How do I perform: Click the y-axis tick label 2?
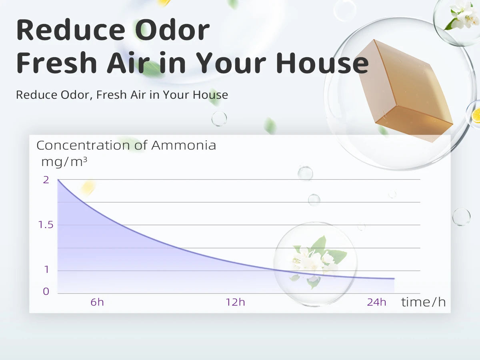pyautogui.click(x=46, y=180)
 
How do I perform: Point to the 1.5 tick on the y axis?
pyautogui.click(x=46, y=225)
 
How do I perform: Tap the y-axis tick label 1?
pyautogui.click(x=46, y=270)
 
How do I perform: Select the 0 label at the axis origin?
pyautogui.click(x=46, y=292)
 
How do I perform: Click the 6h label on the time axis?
pyautogui.click(x=97, y=302)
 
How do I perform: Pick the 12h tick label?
pyautogui.click(x=235, y=302)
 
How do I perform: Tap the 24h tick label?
pyautogui.click(x=376, y=302)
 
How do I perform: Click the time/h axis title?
pyautogui.click(x=423, y=302)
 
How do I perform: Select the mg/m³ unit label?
pyautogui.click(x=64, y=162)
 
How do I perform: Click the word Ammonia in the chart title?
pyautogui.click(x=184, y=145)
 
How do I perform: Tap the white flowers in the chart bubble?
pyautogui.click(x=316, y=260)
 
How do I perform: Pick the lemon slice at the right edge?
pyautogui.click(x=476, y=115)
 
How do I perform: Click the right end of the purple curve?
pyautogui.click(x=394, y=278)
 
